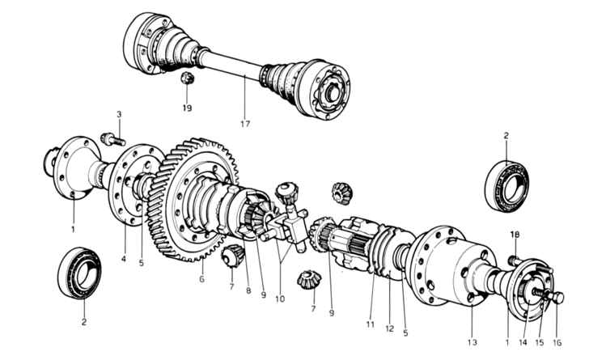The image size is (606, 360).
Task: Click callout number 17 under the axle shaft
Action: [x=244, y=124]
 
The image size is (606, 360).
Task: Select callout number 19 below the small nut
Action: [x=187, y=107]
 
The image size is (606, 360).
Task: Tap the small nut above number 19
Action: [x=185, y=78]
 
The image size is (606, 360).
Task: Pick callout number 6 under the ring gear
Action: [x=201, y=279]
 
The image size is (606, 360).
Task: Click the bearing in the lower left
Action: [x=78, y=273]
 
